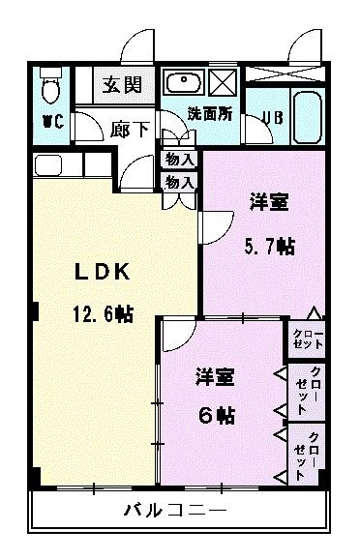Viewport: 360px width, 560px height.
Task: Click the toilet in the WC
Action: click(51, 88)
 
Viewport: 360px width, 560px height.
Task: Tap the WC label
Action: click(52, 123)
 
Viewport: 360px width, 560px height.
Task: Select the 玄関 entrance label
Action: click(124, 84)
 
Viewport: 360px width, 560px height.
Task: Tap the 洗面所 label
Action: click(209, 112)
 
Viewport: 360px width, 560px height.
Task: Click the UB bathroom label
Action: click(272, 119)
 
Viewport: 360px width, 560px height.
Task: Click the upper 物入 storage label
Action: click(180, 159)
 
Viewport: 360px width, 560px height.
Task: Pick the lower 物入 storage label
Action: click(180, 181)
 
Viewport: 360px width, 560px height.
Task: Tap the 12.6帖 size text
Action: click(101, 313)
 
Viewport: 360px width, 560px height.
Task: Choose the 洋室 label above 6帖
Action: click(215, 374)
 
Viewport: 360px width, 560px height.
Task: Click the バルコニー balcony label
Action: click(175, 510)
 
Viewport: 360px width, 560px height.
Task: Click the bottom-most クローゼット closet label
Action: click(307, 452)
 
